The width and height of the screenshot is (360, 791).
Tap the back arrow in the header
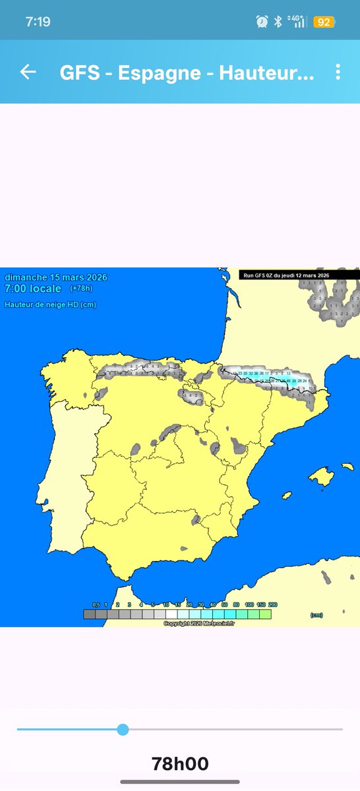pyautogui.click(x=28, y=73)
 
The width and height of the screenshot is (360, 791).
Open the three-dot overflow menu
pyautogui.click(x=338, y=73)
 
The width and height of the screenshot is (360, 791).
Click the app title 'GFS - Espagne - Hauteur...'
pyautogui.click(x=187, y=73)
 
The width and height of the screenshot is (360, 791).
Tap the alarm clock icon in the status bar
pyautogui.click(x=262, y=22)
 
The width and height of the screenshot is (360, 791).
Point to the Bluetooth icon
pyautogui.click(x=278, y=22)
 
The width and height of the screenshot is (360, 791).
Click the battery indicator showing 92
pyautogui.click(x=324, y=22)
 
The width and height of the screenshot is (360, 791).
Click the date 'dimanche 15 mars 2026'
pyautogui.click(x=55, y=278)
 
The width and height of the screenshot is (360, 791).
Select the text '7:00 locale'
pyautogui.click(x=33, y=289)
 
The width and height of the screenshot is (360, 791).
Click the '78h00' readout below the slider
pyautogui.click(x=180, y=764)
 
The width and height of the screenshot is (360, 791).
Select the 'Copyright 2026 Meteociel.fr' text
pyautogui.click(x=198, y=623)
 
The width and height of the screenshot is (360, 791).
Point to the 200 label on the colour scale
pyautogui.click(x=273, y=604)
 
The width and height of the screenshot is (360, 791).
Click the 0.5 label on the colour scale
pyautogui.click(x=96, y=604)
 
